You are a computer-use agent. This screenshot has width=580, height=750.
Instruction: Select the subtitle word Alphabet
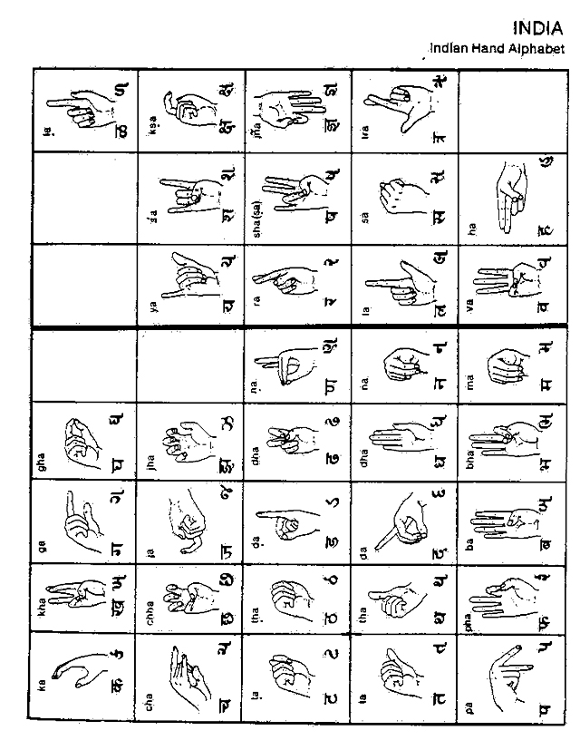534,48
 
